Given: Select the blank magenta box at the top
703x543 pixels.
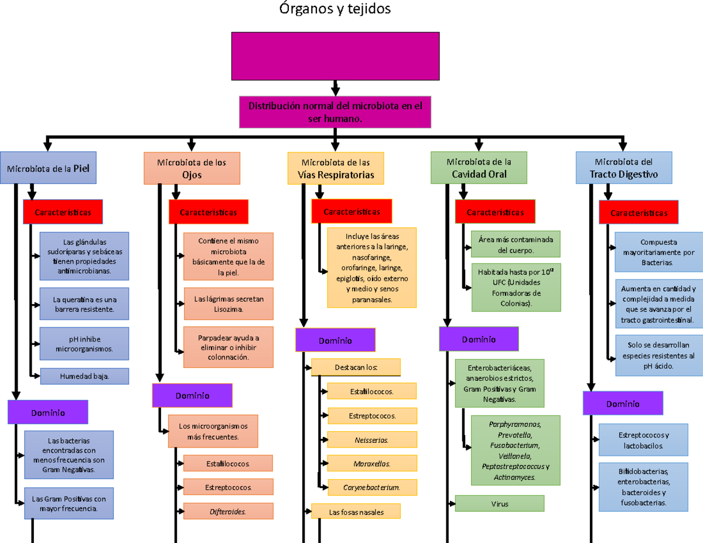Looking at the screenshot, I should click(x=335, y=56).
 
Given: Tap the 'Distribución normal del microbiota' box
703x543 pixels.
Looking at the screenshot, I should click(x=335, y=111).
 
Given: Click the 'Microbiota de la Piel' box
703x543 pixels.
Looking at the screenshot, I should click(x=48, y=168).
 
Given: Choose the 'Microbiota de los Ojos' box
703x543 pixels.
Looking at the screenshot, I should click(x=192, y=168).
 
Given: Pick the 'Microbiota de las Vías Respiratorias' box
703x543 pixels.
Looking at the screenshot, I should click(x=336, y=168).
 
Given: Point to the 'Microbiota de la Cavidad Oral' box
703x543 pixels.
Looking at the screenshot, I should click(x=479, y=168).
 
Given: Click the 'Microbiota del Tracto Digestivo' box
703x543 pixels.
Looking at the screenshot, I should click(x=623, y=168).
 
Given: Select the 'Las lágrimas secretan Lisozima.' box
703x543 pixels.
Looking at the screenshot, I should click(x=228, y=303).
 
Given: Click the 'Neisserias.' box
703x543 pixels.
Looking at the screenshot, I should click(x=372, y=439).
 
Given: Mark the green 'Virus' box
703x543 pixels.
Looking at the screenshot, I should click(x=500, y=503).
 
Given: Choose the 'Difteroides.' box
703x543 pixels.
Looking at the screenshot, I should click(x=228, y=511).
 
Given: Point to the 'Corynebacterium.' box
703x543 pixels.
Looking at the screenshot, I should click(x=372, y=487).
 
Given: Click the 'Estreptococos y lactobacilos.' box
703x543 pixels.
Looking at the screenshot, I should click(x=643, y=440).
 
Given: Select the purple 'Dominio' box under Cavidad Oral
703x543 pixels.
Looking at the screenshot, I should click(x=479, y=339).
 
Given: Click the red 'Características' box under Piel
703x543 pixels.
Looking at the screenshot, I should click(x=63, y=212).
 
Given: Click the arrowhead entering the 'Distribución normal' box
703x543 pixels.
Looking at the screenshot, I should click(x=335, y=91).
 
